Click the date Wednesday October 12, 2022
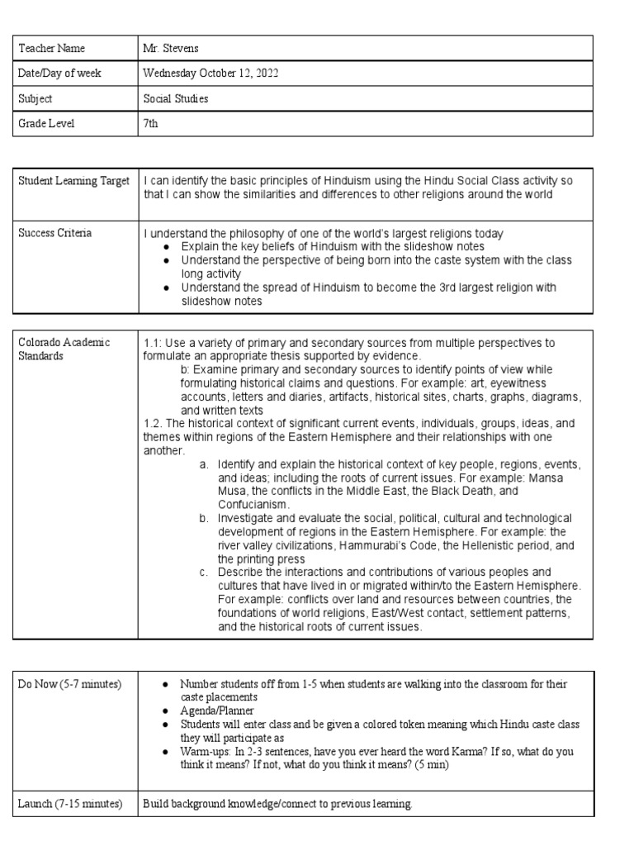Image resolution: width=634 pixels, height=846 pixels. (x=211, y=74)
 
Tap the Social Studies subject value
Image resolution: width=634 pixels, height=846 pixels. (x=176, y=98)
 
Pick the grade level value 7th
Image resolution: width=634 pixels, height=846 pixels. (x=150, y=123)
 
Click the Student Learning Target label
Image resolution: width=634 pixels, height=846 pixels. (x=74, y=181)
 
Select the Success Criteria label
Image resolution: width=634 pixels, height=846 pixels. (x=55, y=233)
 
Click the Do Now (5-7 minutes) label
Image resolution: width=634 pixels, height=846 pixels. (x=69, y=684)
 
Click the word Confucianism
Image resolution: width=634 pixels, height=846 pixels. (x=253, y=503)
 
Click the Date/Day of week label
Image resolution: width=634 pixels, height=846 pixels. (x=60, y=74)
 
